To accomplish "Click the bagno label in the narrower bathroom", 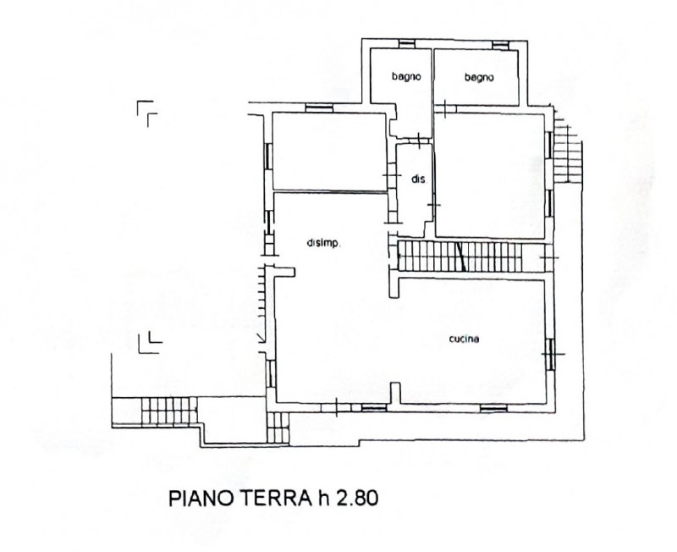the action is [x=406, y=76].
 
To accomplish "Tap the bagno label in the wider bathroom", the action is [x=479, y=77].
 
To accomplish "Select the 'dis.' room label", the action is [x=418, y=179].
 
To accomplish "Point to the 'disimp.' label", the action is [x=324, y=243].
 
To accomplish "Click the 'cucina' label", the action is [x=464, y=339].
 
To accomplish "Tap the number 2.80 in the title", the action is [x=357, y=498].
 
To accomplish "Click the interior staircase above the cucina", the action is [x=460, y=257].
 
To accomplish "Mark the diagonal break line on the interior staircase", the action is [x=460, y=257].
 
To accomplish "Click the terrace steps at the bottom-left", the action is [x=168, y=411].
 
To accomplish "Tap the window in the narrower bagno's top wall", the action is [x=407, y=44].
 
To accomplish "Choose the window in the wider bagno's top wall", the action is [x=501, y=44].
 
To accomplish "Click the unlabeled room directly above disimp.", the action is [x=329, y=152].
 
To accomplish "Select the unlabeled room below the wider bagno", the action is [x=490, y=175].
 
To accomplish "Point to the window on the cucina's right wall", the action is [x=550, y=354].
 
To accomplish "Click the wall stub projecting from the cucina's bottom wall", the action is [x=394, y=394].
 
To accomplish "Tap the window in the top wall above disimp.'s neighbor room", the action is [x=319, y=108].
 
